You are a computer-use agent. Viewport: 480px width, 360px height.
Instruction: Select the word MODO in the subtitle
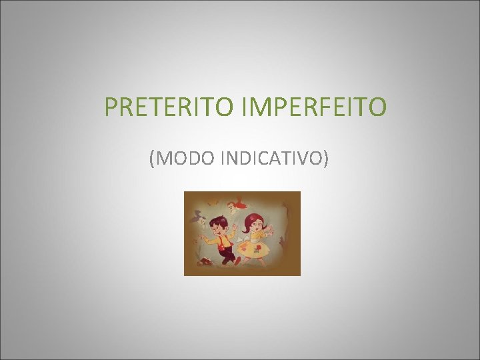tap(180, 159)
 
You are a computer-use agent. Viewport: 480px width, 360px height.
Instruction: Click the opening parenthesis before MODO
tap(153, 159)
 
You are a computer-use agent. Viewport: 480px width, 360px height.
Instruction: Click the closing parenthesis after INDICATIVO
tap(325, 159)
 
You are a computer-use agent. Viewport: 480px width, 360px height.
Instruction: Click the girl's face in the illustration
tap(256, 226)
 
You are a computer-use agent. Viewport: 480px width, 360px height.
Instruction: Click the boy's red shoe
tap(237, 261)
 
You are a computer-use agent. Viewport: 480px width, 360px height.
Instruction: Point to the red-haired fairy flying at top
tap(237, 205)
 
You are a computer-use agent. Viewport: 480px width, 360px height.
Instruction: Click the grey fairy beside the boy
tap(199, 219)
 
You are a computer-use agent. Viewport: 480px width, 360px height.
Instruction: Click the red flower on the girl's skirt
tap(259, 247)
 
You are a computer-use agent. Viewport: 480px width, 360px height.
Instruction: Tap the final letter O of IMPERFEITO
tap(377, 106)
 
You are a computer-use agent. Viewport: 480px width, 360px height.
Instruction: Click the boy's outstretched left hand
tap(235, 227)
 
